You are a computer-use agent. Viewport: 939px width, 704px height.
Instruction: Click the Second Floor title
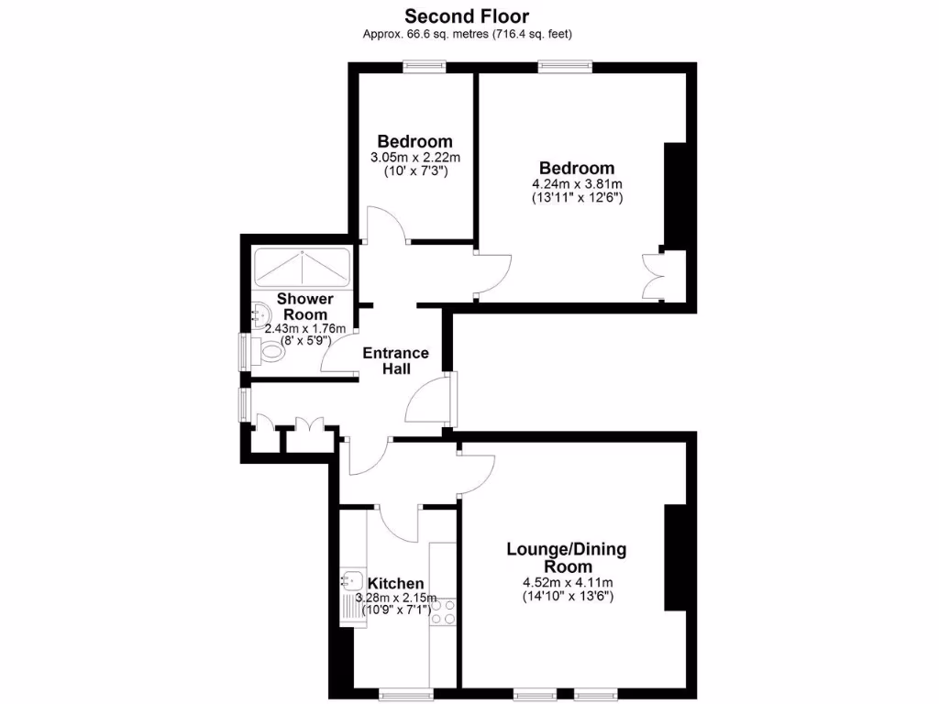467,16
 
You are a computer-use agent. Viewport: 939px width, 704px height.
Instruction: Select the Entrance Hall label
396,360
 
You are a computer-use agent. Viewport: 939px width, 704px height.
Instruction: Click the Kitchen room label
395,583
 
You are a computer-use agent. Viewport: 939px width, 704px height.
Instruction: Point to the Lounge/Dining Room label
567,557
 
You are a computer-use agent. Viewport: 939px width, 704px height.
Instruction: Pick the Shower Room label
304,306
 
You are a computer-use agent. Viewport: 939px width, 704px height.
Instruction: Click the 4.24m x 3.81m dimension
577,183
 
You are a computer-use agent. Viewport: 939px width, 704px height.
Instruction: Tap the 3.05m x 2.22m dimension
414,158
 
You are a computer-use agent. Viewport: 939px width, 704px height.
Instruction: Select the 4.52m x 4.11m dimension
567,582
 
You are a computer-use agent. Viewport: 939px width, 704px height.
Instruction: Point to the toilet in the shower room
271,349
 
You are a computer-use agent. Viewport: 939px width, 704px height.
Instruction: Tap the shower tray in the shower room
301,267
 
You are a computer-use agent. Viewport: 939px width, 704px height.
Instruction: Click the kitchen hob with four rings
445,611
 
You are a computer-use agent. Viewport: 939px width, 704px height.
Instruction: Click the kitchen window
406,693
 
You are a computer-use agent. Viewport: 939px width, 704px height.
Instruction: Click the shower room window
245,350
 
